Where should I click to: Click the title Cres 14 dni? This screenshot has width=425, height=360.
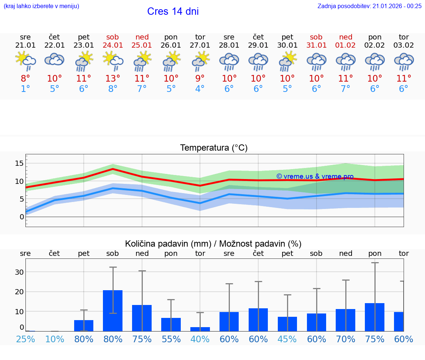[173, 11]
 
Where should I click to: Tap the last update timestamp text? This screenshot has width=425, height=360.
[369, 6]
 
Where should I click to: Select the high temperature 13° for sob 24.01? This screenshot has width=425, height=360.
[113, 78]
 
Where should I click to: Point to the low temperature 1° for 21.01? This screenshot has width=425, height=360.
[25, 89]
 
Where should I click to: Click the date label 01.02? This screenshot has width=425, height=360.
[345, 45]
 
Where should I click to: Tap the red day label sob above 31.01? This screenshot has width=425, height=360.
[316, 37]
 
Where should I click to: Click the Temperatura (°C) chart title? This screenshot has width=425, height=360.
[214, 148]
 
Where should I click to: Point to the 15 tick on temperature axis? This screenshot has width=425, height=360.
[19, 163]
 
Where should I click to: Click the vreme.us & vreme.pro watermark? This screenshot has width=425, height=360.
[315, 176]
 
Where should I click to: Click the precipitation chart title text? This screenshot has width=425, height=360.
[213, 244]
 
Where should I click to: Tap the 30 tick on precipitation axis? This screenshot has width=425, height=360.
[19, 272]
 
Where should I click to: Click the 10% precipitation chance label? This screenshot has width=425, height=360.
[55, 339]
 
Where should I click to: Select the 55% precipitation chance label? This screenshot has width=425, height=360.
[171, 339]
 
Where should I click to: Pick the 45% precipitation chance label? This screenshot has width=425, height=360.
[287, 339]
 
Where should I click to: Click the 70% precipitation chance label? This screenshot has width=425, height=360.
[345, 339]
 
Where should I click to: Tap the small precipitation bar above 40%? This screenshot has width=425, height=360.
[200, 329]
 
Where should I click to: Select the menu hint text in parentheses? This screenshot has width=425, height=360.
[41, 6]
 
